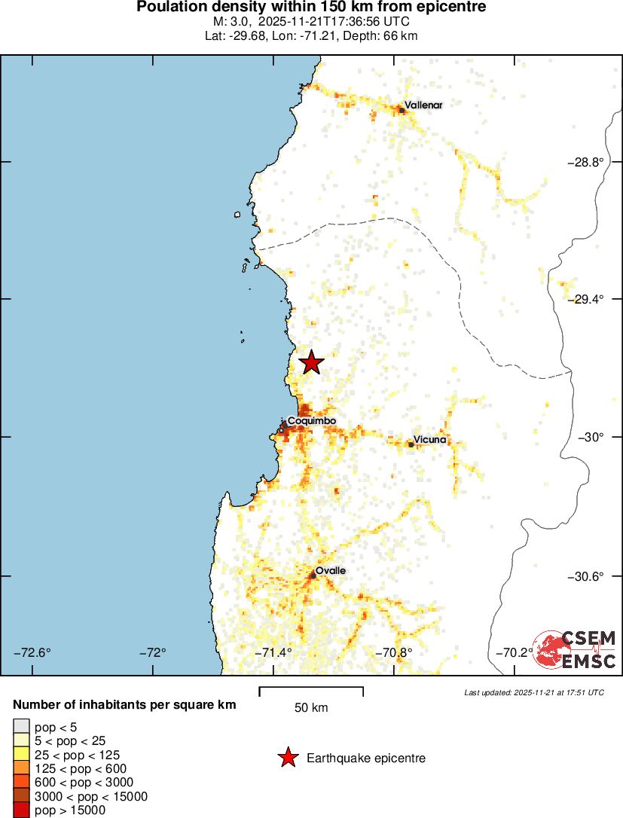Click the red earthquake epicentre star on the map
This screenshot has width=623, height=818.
311,363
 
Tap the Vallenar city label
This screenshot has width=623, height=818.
423,105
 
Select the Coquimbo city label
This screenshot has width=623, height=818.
311,420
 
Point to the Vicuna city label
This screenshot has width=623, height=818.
429,440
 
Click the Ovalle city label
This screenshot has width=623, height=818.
330,571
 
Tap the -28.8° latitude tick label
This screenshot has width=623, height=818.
585,162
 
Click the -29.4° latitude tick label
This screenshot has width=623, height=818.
585,299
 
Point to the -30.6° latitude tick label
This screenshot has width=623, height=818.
585,576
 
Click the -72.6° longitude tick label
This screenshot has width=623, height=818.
32,652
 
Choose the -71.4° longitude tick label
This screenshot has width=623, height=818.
274,652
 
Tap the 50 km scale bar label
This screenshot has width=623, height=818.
310,708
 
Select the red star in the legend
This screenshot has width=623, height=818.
287,758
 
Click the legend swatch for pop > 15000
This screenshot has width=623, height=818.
21,810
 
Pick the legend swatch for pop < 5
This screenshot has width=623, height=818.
21,726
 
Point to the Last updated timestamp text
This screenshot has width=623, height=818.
533,692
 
